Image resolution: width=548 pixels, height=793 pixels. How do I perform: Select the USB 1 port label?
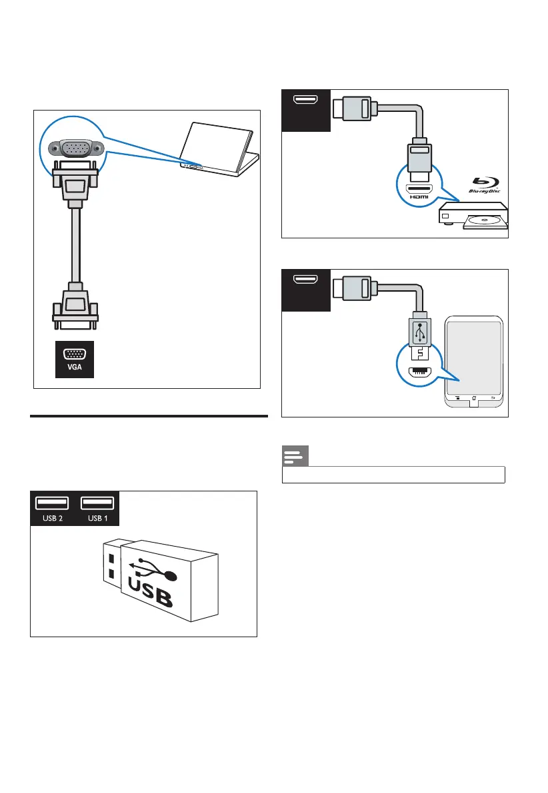(97, 519)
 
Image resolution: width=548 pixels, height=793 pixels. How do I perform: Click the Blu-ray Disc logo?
(485, 186)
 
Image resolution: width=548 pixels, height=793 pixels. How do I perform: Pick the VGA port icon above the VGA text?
(74, 355)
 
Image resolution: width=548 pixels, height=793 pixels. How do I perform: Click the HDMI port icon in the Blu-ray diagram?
(306, 102)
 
